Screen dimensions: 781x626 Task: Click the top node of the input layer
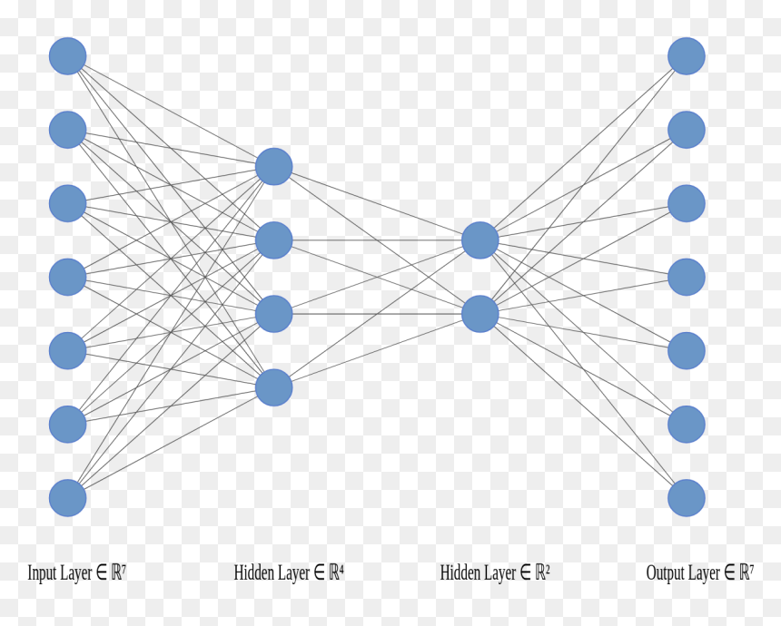68,56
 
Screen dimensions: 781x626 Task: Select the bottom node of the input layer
68,498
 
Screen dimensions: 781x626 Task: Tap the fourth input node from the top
68,278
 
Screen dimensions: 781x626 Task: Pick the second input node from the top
68,130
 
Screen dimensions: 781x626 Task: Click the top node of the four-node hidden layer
274,167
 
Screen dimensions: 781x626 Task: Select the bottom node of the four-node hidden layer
274,387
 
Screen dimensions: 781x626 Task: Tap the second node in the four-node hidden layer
274,240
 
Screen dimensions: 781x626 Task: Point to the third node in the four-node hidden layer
274,314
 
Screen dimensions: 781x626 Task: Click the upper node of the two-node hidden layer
480,240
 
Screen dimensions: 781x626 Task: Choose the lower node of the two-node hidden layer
480,314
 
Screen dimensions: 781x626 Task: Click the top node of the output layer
687,56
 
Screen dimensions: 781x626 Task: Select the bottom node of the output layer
687,498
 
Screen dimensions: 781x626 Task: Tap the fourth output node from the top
687,278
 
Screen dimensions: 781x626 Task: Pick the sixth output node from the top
687,425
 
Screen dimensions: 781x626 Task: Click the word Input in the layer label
42,573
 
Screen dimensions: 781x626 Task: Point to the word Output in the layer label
665,573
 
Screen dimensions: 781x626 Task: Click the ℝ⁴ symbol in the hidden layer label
336,572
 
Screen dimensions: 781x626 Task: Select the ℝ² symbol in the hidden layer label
542,572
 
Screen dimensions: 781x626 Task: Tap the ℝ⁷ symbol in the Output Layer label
746,572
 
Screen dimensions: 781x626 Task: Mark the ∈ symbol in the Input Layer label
101,572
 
